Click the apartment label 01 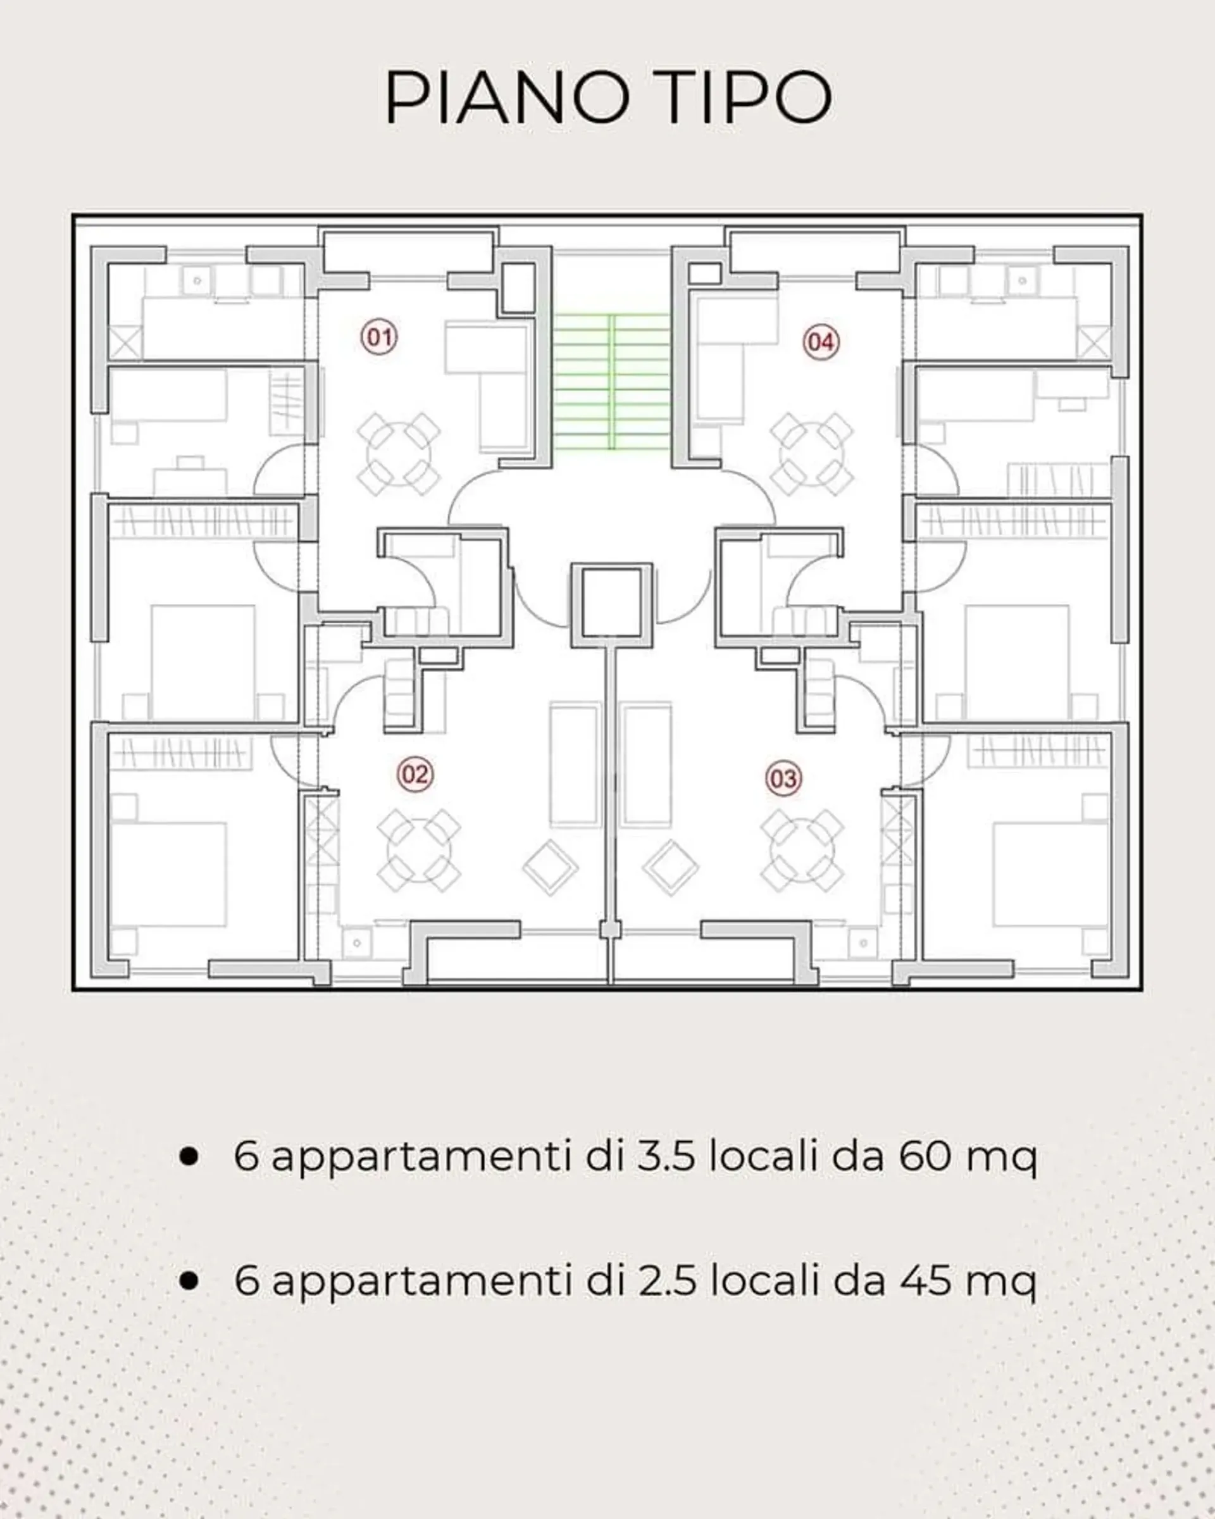(x=379, y=337)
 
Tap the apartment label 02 (x=415, y=774)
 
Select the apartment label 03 (x=783, y=778)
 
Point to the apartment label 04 (x=821, y=342)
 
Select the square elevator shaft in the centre (x=611, y=605)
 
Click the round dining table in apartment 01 (x=399, y=454)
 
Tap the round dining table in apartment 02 (x=419, y=849)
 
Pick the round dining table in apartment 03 (x=802, y=849)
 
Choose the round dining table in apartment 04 (x=811, y=454)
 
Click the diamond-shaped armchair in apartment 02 (x=550, y=867)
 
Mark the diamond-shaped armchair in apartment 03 (x=671, y=867)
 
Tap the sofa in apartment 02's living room (x=575, y=764)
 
